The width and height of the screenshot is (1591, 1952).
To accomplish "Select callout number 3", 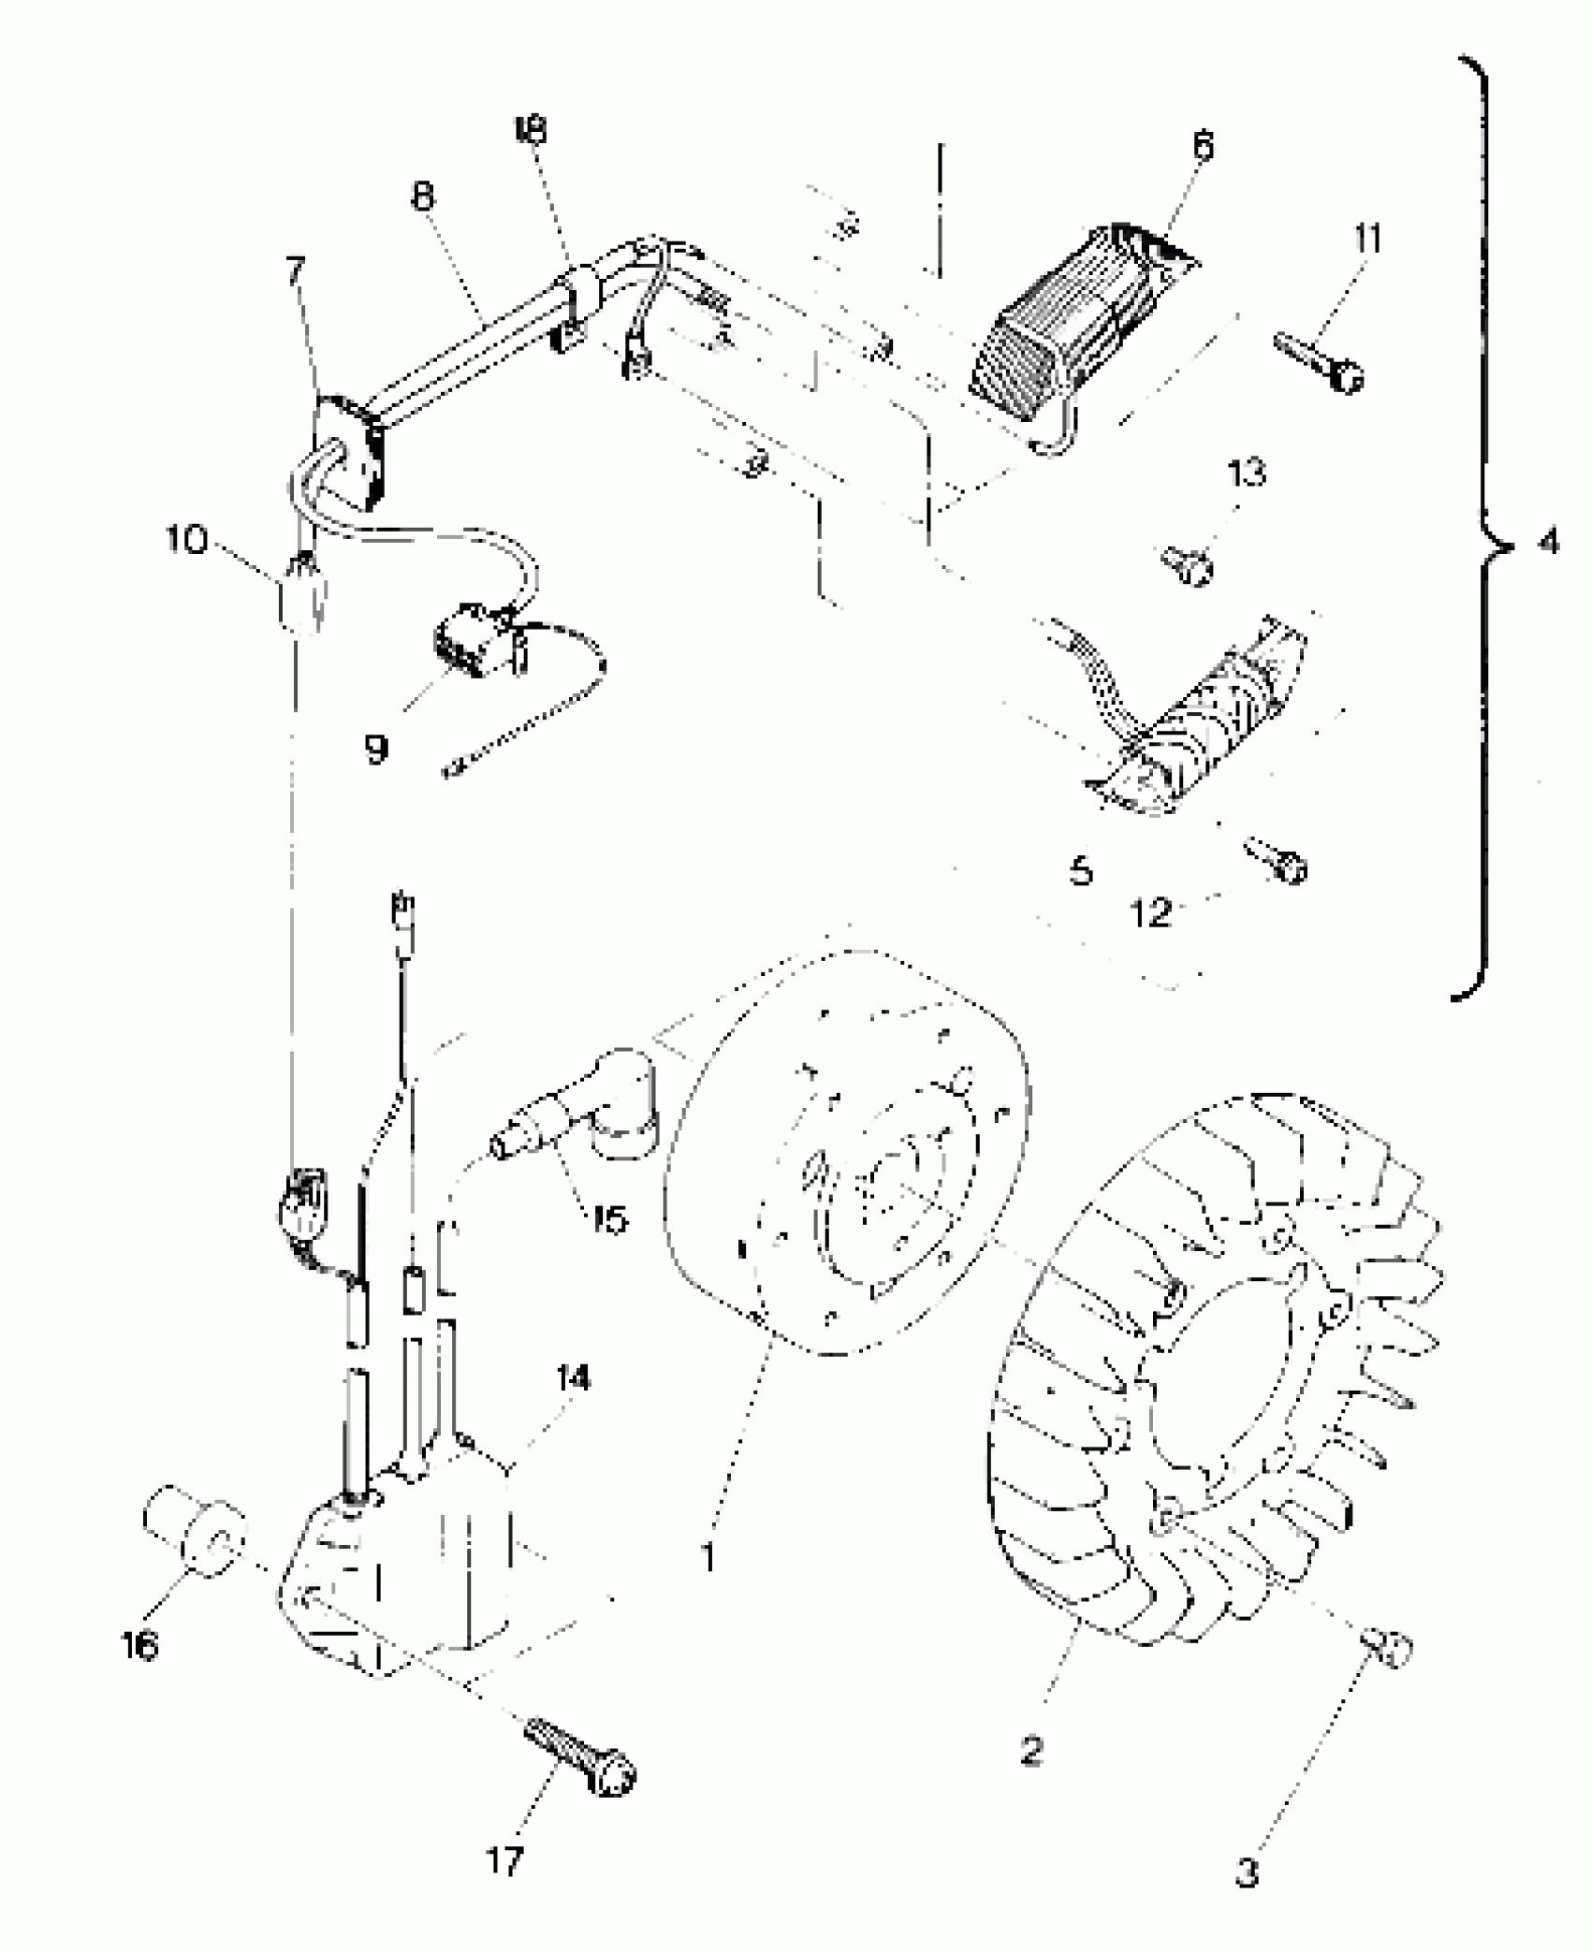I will pyautogui.click(x=1248, y=1872).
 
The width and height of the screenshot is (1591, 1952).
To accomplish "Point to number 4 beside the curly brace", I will pyautogui.click(x=1549, y=542).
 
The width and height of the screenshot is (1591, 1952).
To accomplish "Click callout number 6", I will pyautogui.click(x=1204, y=148).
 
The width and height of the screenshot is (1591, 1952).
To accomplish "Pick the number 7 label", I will pyautogui.click(x=296, y=272).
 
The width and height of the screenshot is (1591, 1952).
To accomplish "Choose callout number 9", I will pyautogui.click(x=376, y=749).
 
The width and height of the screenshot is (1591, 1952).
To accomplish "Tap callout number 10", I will pyautogui.click(x=186, y=540).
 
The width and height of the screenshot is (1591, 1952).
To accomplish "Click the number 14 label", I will pyautogui.click(x=573, y=1379).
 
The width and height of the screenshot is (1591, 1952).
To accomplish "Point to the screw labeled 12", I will pyautogui.click(x=1277, y=861).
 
